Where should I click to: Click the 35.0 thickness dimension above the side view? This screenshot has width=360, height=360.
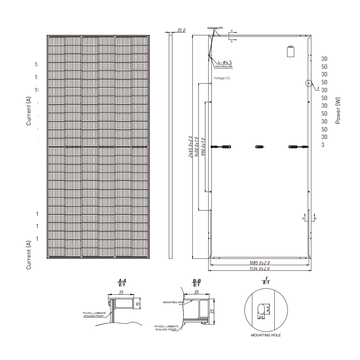(x=180, y=31)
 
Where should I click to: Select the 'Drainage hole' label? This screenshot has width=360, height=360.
(x=215, y=28)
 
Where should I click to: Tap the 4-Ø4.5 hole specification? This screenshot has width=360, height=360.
(x=225, y=62)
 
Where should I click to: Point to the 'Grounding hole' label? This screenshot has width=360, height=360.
(x=224, y=67)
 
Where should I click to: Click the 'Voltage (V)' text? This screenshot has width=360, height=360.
(x=222, y=78)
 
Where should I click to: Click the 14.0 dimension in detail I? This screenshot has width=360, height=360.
(x=268, y=308)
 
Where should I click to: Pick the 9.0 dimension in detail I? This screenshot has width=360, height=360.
(x=261, y=317)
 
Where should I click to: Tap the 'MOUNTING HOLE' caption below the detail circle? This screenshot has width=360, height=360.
(x=266, y=335)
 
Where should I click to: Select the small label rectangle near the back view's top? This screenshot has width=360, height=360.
(x=291, y=51)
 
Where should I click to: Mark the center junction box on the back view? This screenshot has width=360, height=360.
(x=260, y=147)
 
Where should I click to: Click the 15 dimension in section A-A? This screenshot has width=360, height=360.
(x=138, y=304)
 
